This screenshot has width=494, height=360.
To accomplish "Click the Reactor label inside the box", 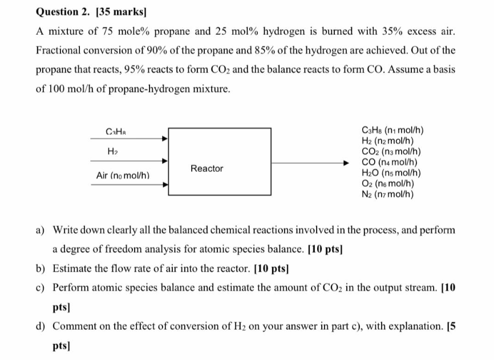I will click(207, 169).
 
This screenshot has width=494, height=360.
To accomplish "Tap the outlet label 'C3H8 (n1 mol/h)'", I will click(392, 130).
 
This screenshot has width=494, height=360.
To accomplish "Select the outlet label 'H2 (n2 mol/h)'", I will click(387, 141).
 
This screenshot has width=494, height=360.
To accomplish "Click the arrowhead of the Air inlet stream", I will click(165, 185).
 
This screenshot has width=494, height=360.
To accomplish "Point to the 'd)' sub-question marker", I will click(41, 326).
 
